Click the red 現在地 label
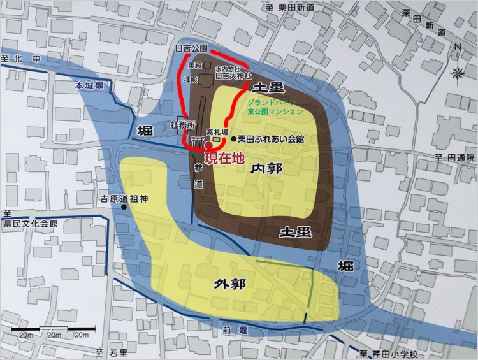[x=223, y=159]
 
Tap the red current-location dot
[x=208, y=145]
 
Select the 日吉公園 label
[x=191, y=48]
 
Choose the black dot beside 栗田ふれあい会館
[x=233, y=138]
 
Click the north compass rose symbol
[x=458, y=73]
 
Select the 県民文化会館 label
[x=30, y=224]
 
